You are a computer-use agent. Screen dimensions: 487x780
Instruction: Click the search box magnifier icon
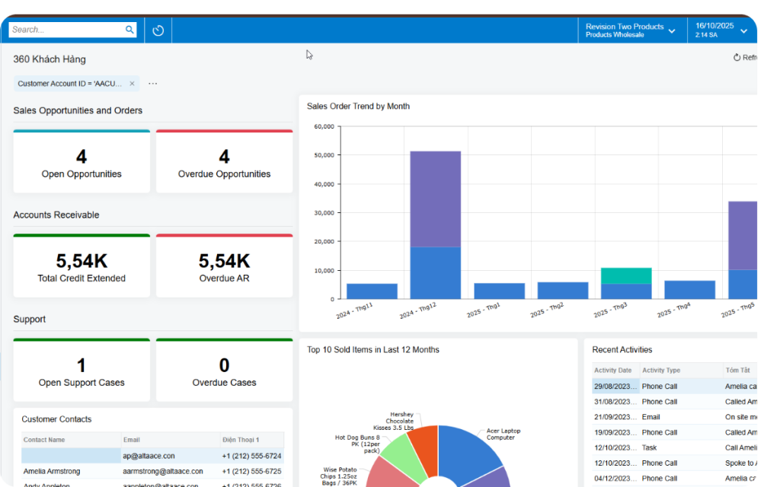(x=129, y=30)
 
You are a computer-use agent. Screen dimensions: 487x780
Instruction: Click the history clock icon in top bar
(x=158, y=30)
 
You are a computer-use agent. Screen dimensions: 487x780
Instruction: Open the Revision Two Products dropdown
(x=630, y=30)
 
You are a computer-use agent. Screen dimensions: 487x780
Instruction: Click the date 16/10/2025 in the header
(x=714, y=26)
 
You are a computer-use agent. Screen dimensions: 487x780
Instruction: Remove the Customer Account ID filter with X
(x=132, y=84)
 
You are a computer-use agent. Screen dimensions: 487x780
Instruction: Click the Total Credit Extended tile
(x=82, y=266)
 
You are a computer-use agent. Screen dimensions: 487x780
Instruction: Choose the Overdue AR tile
(x=224, y=266)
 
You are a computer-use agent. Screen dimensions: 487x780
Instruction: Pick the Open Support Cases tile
(x=82, y=371)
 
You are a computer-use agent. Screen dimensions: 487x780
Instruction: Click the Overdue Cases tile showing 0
(x=224, y=371)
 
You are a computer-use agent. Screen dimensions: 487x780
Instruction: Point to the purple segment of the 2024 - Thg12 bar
(x=435, y=198)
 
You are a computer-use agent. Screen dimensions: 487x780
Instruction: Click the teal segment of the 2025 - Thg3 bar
(x=626, y=275)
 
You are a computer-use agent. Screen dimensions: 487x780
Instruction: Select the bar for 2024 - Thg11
(x=372, y=291)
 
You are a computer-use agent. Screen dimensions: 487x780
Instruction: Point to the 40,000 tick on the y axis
(x=324, y=184)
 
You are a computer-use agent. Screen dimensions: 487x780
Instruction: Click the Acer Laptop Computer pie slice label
(x=503, y=434)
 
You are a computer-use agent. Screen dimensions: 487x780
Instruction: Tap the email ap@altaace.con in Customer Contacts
(x=149, y=456)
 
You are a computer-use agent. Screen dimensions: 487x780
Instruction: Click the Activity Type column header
(x=661, y=371)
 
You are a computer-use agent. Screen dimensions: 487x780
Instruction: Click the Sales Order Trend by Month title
(x=358, y=107)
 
